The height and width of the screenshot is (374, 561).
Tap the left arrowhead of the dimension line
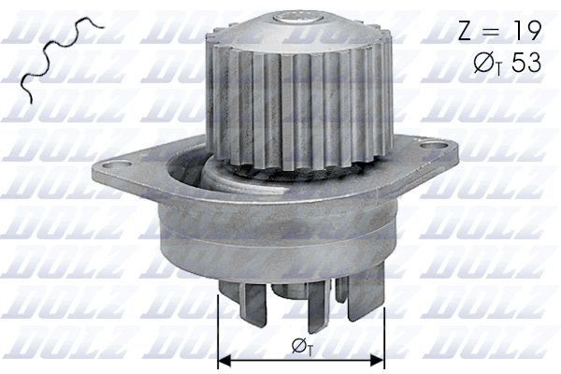coord(223,357)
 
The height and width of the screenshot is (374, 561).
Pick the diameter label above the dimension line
coord(301,347)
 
